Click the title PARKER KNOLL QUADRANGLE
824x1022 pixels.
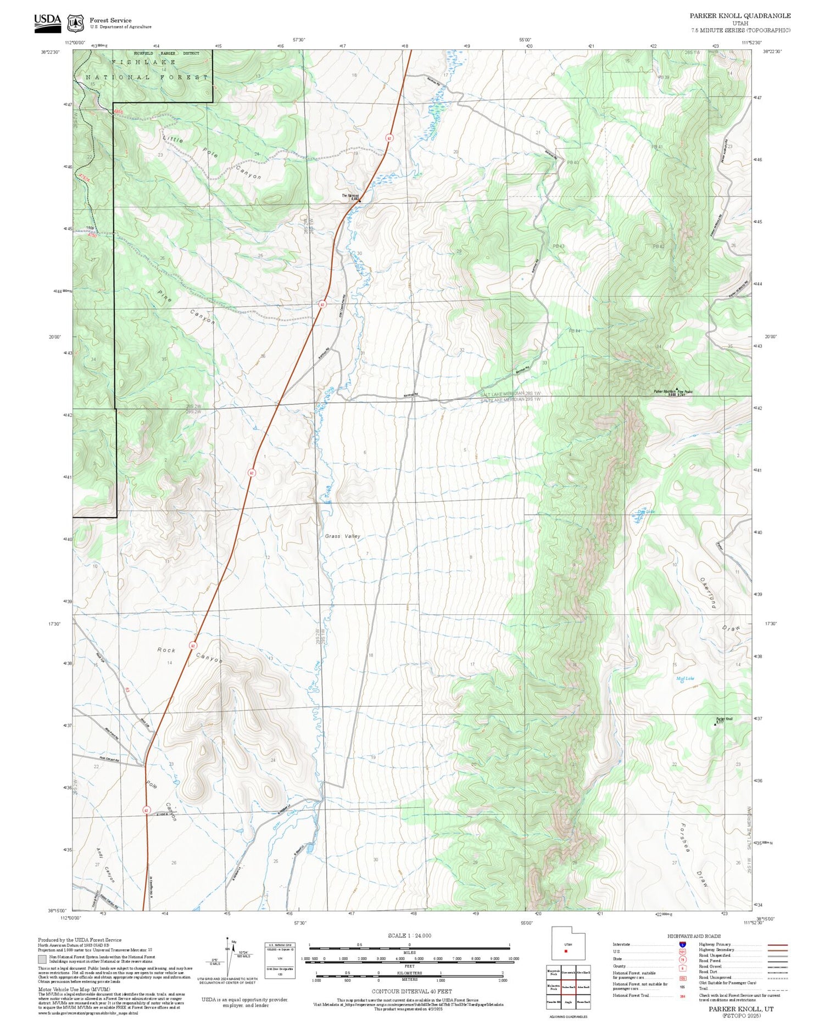(x=740, y=16)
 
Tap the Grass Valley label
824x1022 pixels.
(x=342, y=536)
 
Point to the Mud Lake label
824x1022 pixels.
(x=685, y=678)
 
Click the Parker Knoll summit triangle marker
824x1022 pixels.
(x=715, y=725)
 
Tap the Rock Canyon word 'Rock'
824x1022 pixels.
(x=166, y=650)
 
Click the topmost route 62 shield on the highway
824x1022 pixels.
(x=389, y=138)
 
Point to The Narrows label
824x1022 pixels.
(x=350, y=195)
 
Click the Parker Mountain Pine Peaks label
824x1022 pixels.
(x=673, y=391)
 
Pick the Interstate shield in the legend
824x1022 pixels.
(x=682, y=944)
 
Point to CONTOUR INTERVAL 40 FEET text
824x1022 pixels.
(x=411, y=991)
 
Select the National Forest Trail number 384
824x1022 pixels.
(x=682, y=996)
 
